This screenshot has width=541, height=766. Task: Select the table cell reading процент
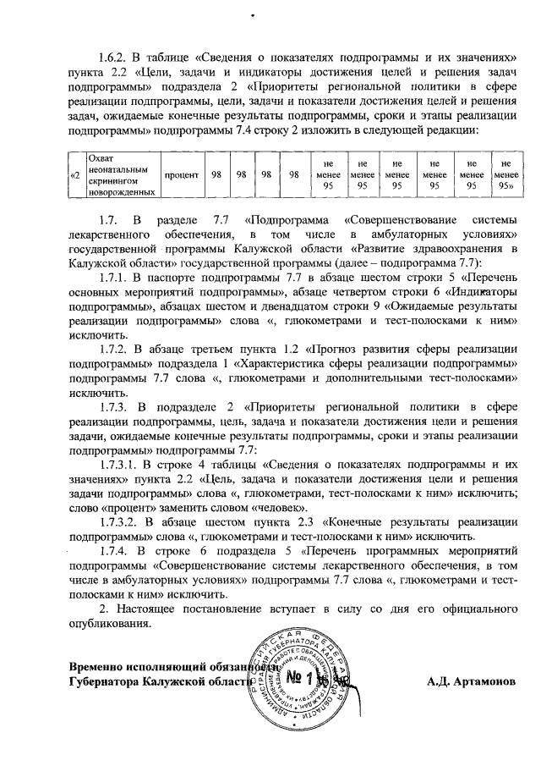coord(182,174)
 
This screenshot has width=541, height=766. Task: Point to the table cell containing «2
coord(75,174)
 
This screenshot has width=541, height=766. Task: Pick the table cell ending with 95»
coord(507,174)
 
